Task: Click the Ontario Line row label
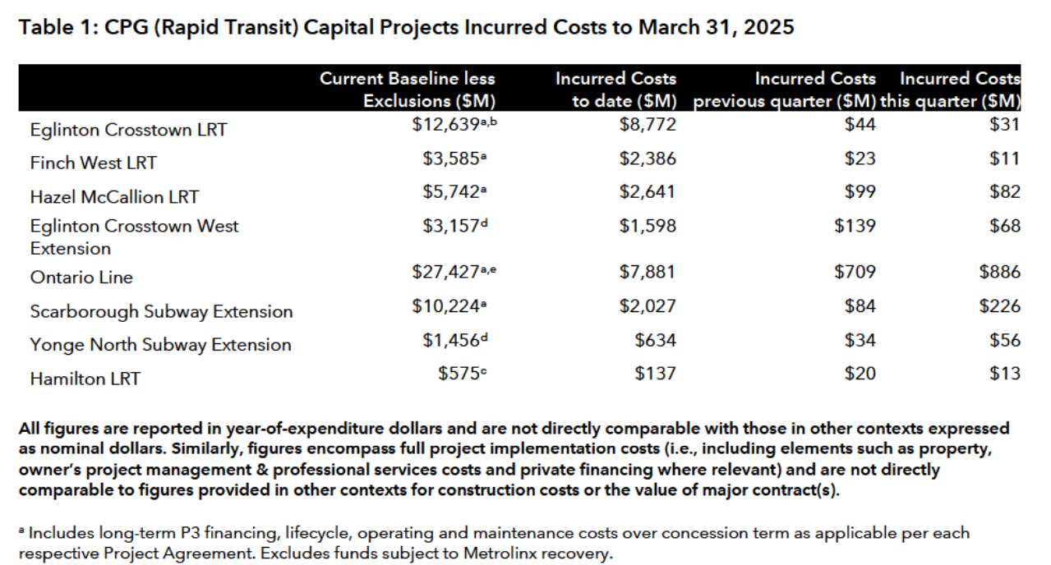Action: point(81,278)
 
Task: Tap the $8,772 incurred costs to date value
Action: point(648,125)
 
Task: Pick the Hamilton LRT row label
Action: point(85,379)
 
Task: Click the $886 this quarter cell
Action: point(999,272)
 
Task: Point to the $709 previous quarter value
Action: point(855,272)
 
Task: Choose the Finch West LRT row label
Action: point(93,163)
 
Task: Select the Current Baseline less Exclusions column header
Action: point(408,90)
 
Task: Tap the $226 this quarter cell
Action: point(999,306)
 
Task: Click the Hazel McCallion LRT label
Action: point(114,196)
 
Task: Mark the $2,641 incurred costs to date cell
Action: point(648,192)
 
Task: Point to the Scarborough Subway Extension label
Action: point(161,311)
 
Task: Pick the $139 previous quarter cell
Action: point(855,226)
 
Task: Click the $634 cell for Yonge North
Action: point(655,340)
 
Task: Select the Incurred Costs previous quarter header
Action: point(785,90)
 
